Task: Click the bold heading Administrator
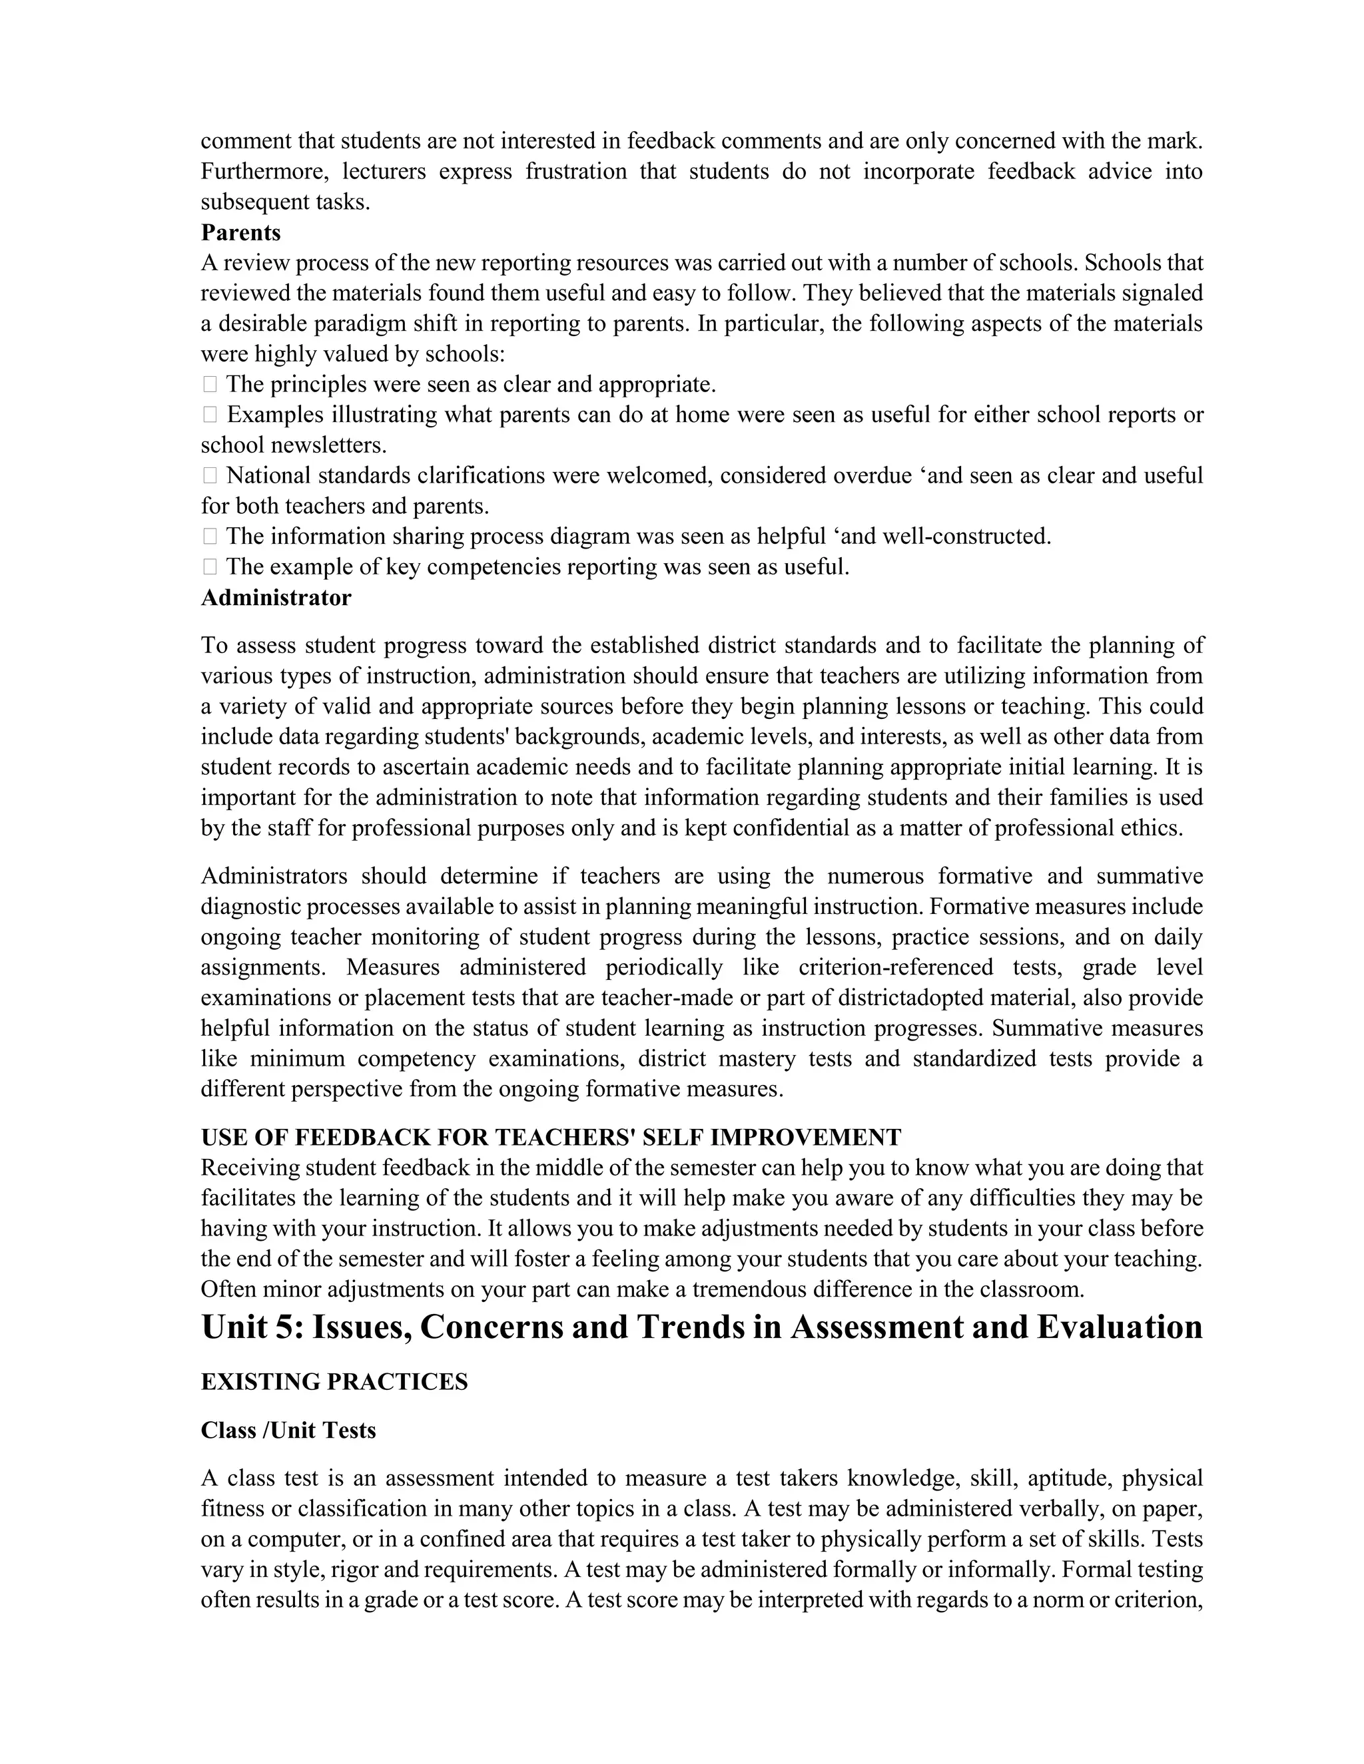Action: (276, 598)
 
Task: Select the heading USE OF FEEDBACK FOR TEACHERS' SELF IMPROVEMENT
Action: (550, 1137)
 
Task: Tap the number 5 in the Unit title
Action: (284, 1328)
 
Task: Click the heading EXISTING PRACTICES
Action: (334, 1382)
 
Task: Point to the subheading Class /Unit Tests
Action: (288, 1431)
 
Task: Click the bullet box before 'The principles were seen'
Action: (209, 385)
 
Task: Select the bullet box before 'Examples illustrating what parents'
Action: (209, 415)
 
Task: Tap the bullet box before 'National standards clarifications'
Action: (209, 476)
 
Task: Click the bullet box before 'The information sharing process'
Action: (209, 537)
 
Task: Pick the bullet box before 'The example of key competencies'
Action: (209, 567)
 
